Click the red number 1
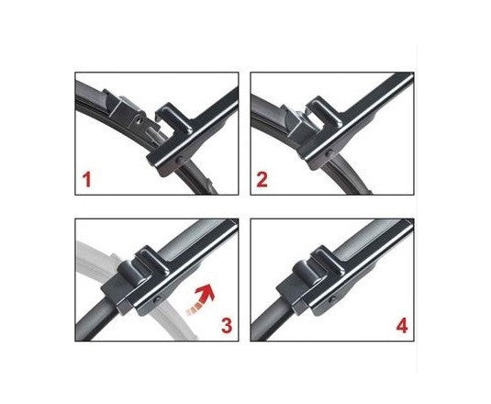click(87, 178)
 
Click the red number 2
click(262, 178)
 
